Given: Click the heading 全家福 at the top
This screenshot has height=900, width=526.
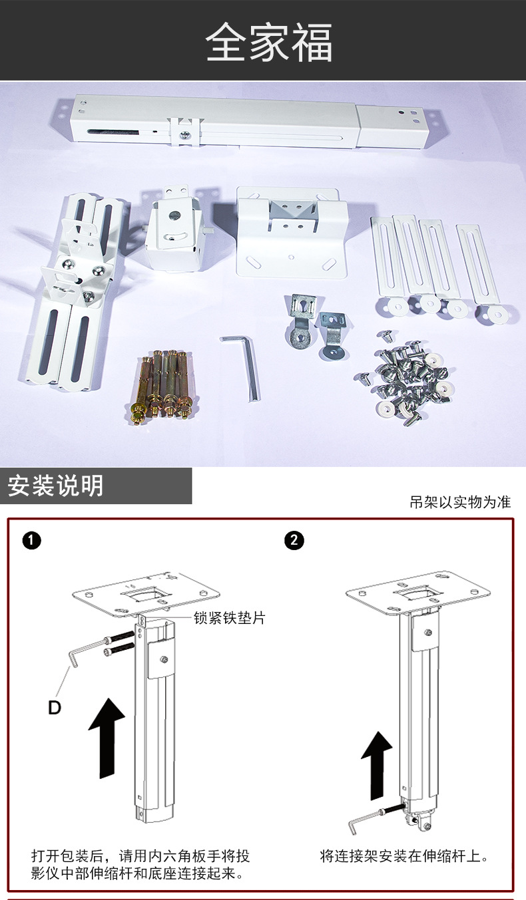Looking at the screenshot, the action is tap(268, 43).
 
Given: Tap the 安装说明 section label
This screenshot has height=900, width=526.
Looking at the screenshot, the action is tap(56, 486).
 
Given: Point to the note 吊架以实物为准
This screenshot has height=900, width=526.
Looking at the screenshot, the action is tap(460, 503).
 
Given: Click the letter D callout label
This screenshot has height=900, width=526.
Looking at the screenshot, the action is tap(55, 708).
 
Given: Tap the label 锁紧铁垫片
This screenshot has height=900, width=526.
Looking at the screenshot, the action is tap(229, 618).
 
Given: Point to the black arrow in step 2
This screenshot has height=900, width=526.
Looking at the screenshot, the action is tap(377, 764).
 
